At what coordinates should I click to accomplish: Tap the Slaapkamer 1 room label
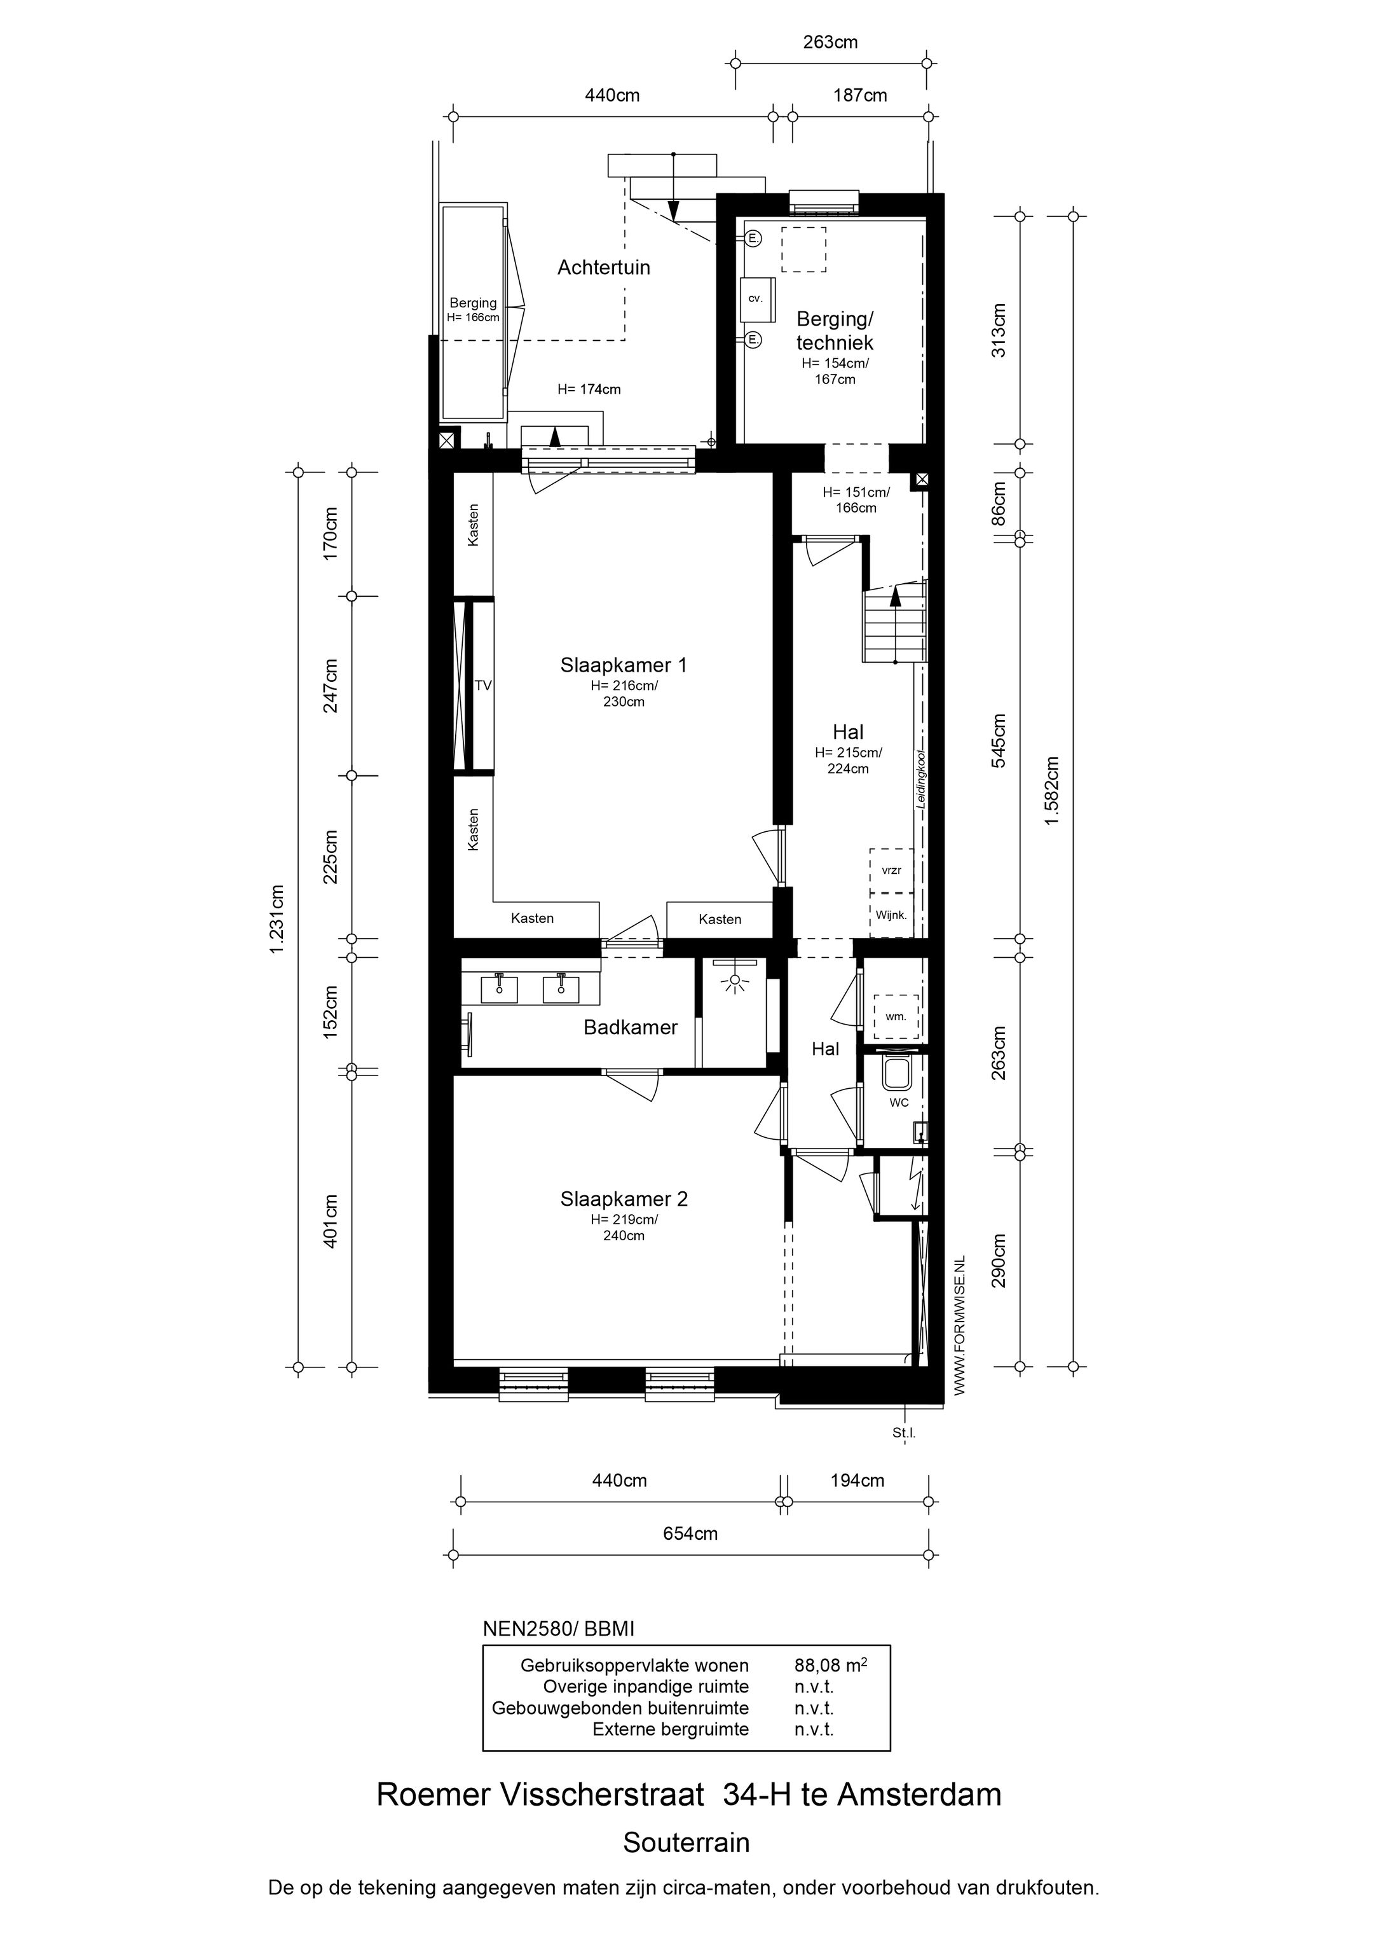point(624,665)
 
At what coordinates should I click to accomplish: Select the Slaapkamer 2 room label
point(624,1199)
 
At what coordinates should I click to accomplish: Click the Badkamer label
point(630,1027)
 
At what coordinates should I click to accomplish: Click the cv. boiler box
point(756,299)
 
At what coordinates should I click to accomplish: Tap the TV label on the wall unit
point(483,686)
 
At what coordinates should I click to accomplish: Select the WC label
point(898,1103)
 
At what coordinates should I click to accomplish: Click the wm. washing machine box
point(896,1016)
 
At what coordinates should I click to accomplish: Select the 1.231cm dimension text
point(277,919)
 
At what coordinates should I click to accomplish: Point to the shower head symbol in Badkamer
point(734,981)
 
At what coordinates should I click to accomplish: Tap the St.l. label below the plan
point(903,1434)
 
